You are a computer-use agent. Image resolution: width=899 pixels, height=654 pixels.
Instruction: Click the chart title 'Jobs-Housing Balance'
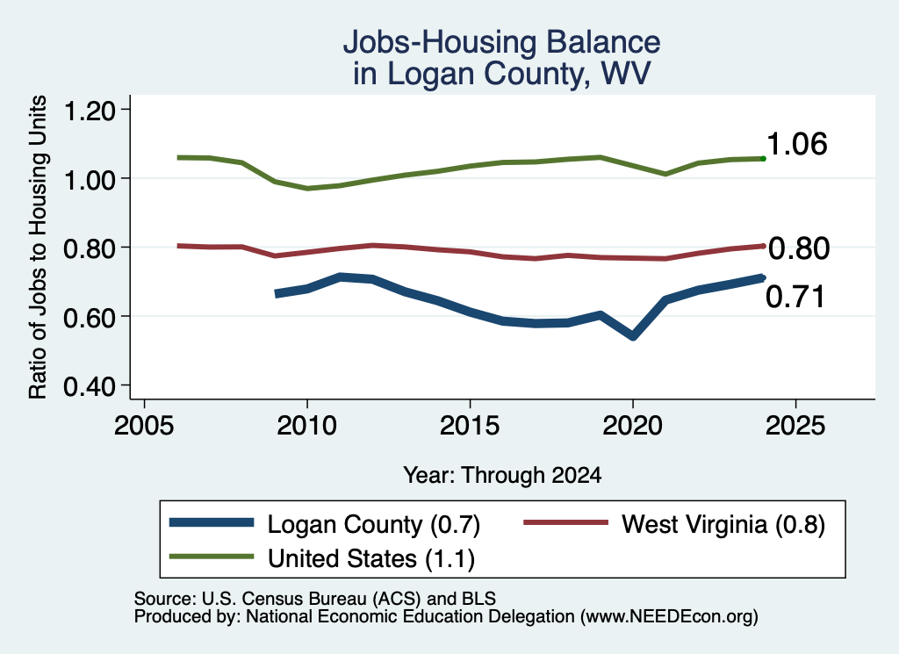pyautogui.click(x=501, y=42)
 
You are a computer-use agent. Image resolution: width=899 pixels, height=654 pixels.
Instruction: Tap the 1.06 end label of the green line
pyautogui.click(x=796, y=143)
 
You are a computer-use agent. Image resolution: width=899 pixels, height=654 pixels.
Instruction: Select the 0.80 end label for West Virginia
pyautogui.click(x=799, y=248)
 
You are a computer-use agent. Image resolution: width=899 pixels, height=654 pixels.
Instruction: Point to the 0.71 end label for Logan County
pyautogui.click(x=795, y=297)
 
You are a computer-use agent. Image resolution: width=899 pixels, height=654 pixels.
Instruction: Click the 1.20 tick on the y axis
pyautogui.click(x=89, y=110)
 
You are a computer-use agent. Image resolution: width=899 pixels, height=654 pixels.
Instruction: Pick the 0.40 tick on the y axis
pyautogui.click(x=89, y=386)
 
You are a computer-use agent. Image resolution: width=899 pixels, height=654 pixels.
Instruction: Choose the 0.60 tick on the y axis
pyautogui.click(x=89, y=317)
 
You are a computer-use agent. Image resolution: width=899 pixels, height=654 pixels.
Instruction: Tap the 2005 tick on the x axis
pyautogui.click(x=144, y=426)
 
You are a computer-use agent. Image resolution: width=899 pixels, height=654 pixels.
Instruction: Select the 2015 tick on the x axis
pyautogui.click(x=470, y=426)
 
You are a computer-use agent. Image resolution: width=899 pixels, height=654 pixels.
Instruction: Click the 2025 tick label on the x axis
pyautogui.click(x=795, y=426)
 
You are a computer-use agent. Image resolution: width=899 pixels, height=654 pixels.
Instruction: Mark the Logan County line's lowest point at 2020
pyautogui.click(x=633, y=336)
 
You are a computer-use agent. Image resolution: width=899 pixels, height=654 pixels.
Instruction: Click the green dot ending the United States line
pyautogui.click(x=763, y=158)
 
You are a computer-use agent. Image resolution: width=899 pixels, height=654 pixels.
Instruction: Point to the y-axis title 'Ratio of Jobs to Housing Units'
pyautogui.click(x=37, y=247)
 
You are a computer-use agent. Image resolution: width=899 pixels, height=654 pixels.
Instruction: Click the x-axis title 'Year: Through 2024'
pyautogui.click(x=502, y=475)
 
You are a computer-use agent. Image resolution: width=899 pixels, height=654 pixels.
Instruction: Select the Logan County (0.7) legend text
pyautogui.click(x=374, y=524)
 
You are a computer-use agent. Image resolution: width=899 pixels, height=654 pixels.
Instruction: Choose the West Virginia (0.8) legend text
pyautogui.click(x=723, y=524)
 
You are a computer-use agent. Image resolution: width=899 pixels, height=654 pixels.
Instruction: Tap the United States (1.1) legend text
pyautogui.click(x=371, y=558)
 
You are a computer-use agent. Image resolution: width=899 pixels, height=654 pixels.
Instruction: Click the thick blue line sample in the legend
pyautogui.click(x=212, y=522)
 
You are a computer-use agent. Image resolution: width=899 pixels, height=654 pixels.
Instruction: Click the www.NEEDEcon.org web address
pyautogui.click(x=669, y=617)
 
